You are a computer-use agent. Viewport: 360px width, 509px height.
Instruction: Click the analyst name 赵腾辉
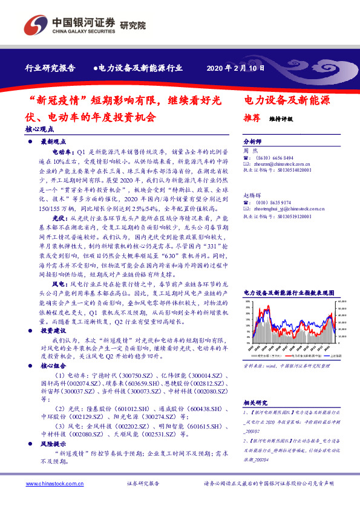tap(251, 196)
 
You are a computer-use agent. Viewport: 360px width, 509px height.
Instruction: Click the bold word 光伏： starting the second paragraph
tap(59, 216)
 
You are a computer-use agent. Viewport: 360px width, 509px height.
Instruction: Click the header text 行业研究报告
tap(51, 69)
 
